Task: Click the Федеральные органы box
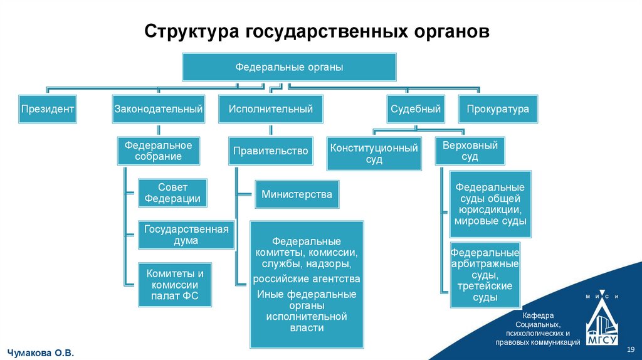[289, 67]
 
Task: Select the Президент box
[48, 109]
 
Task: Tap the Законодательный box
[158, 109]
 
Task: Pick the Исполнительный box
[271, 109]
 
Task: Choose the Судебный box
[415, 109]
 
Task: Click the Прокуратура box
[498, 109]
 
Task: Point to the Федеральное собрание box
[158, 151]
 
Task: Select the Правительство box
[271, 151]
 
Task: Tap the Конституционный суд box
[374, 154]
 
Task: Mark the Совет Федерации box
[172, 193]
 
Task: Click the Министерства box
[297, 194]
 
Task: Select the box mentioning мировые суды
[491, 204]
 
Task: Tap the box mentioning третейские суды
[485, 275]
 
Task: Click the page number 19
[631, 349]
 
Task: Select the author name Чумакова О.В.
[40, 354]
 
